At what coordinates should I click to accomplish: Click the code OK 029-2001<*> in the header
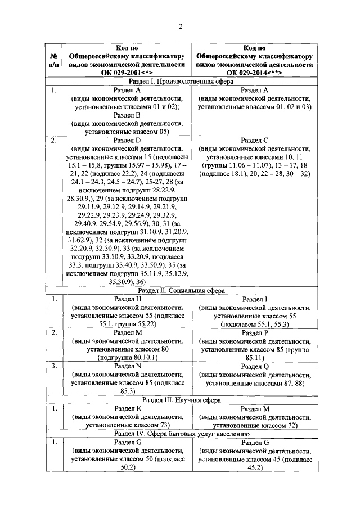127,73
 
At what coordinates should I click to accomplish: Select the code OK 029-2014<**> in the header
254,73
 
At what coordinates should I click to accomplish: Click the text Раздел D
127,140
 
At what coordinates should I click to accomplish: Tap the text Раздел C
254,140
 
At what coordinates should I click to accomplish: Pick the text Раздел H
127,299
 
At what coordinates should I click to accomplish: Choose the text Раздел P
254,333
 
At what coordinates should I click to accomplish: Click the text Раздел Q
254,367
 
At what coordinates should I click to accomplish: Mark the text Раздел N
127,367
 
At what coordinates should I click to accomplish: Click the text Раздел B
127,115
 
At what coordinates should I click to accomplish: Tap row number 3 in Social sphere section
55,366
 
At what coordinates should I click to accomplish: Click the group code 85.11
254,358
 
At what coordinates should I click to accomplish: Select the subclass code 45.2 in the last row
254,467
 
